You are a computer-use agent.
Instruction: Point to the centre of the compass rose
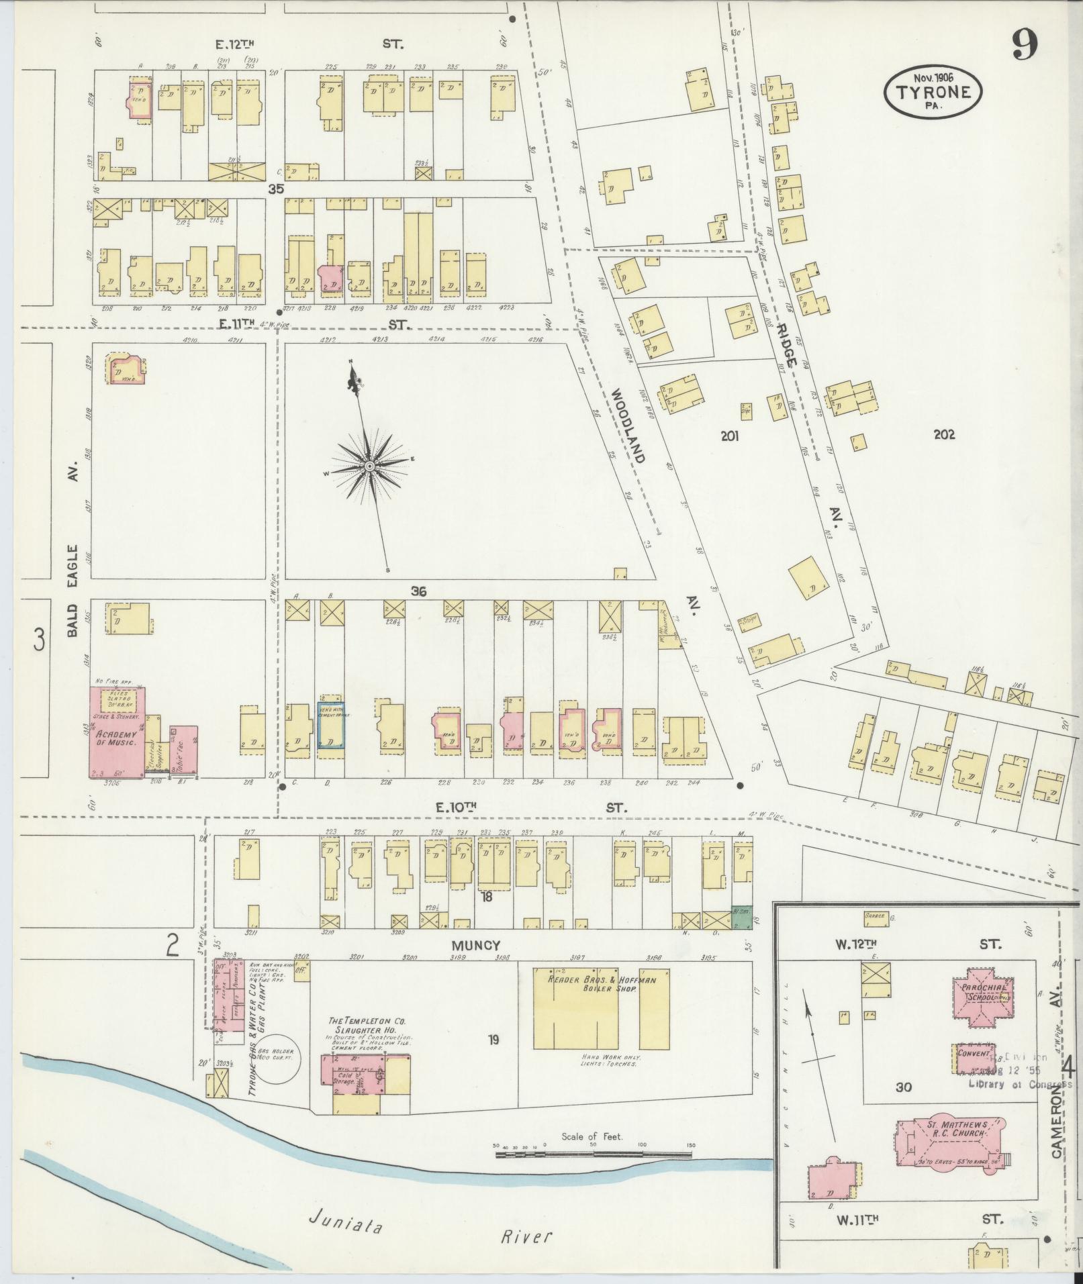coord(369,466)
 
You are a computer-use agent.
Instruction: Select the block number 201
coord(729,436)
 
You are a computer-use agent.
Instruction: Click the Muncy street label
coord(481,945)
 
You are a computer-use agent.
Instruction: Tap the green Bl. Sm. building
coord(741,919)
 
